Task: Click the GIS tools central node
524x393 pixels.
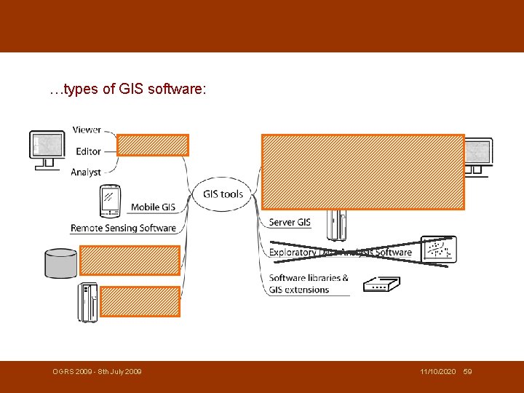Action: (x=223, y=194)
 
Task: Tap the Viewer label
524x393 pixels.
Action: (x=87, y=130)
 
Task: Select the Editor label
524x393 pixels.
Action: (x=87, y=151)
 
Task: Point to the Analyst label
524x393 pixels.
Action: (x=86, y=172)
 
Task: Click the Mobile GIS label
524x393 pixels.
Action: (x=153, y=207)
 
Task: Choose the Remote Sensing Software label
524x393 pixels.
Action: (x=123, y=228)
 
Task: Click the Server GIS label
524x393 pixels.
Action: (x=290, y=222)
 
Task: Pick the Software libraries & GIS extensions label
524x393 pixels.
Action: (x=309, y=283)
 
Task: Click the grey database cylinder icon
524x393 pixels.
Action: (x=60, y=263)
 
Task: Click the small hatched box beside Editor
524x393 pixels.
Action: (x=153, y=146)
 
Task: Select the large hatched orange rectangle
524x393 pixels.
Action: (x=362, y=172)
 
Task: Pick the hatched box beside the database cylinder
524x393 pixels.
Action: (x=130, y=260)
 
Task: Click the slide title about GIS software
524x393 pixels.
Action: (x=128, y=91)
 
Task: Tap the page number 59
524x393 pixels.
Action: (x=467, y=372)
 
